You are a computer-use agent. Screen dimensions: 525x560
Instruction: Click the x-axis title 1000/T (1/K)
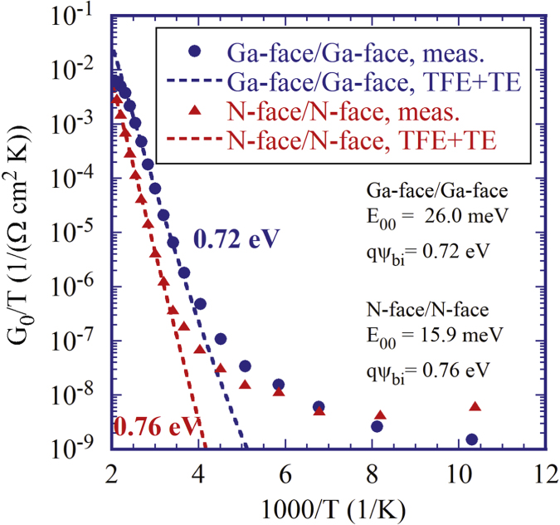click(326, 507)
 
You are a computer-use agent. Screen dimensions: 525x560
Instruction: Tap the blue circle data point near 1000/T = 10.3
click(472, 439)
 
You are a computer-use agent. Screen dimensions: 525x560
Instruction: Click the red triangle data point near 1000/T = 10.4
click(475, 406)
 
